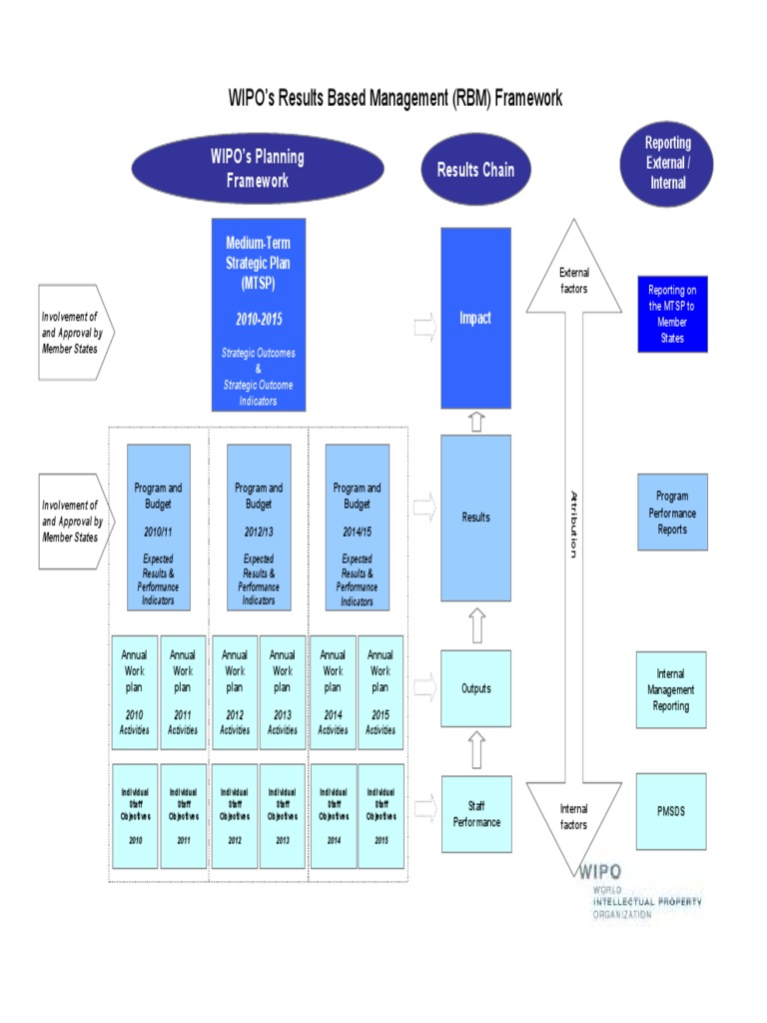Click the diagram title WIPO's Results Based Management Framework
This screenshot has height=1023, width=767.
tap(395, 98)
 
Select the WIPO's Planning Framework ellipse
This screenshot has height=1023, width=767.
tap(258, 169)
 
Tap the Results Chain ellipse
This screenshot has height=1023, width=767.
tap(475, 170)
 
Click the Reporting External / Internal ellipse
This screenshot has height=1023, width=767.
tap(667, 163)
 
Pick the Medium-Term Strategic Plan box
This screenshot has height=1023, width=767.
tap(259, 315)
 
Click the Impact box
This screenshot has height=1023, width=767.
tap(475, 318)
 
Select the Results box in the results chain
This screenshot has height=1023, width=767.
tap(475, 517)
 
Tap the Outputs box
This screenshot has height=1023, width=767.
tap(475, 688)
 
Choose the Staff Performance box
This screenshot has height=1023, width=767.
tap(476, 814)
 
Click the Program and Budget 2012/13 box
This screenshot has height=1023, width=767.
tap(259, 527)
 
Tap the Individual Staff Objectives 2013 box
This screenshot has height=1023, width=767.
tap(283, 815)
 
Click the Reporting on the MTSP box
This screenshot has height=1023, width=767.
tap(672, 315)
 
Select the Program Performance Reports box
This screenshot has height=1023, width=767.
tap(672, 512)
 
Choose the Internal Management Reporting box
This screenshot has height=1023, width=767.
tap(671, 690)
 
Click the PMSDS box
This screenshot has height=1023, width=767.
tap(671, 811)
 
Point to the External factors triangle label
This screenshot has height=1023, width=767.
tap(574, 281)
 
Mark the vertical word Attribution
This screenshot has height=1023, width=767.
tap(573, 524)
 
